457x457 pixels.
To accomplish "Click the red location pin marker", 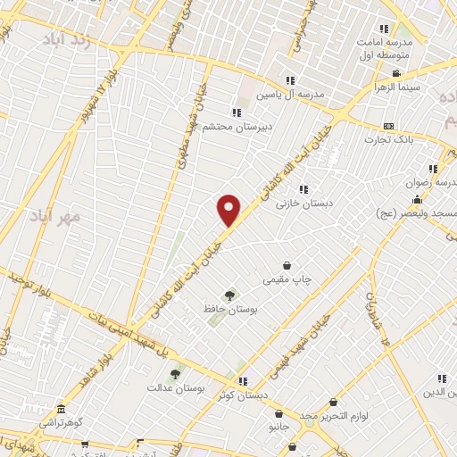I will tap(229, 211).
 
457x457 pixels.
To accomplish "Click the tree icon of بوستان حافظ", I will tap(231, 295).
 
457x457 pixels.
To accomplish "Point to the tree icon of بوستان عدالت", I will tap(175, 374).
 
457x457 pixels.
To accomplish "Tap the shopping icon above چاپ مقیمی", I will tap(287, 265).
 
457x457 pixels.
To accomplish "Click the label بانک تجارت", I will tap(388, 140).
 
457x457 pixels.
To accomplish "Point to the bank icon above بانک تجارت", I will tap(388, 126).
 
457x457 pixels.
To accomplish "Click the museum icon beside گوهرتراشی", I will tap(60, 407).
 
